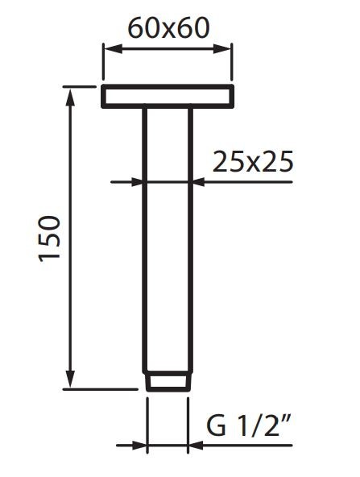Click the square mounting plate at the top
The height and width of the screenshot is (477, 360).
pyautogui.click(x=168, y=96)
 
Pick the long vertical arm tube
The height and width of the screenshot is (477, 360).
pyautogui.click(x=168, y=242)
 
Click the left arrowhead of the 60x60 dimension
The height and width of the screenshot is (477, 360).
pyautogui.click(x=107, y=49)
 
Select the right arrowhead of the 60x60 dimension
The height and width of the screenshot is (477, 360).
pyautogui.click(x=228, y=49)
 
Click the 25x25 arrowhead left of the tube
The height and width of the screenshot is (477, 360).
pyautogui.click(x=138, y=182)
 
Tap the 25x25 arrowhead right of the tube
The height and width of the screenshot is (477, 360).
pyautogui.click(x=199, y=182)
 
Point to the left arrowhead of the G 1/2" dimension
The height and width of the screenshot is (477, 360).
pyautogui.click(x=141, y=444)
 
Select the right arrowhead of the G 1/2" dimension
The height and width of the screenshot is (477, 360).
pyautogui.click(x=194, y=444)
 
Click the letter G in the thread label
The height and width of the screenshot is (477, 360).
pyautogui.click(x=215, y=425)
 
